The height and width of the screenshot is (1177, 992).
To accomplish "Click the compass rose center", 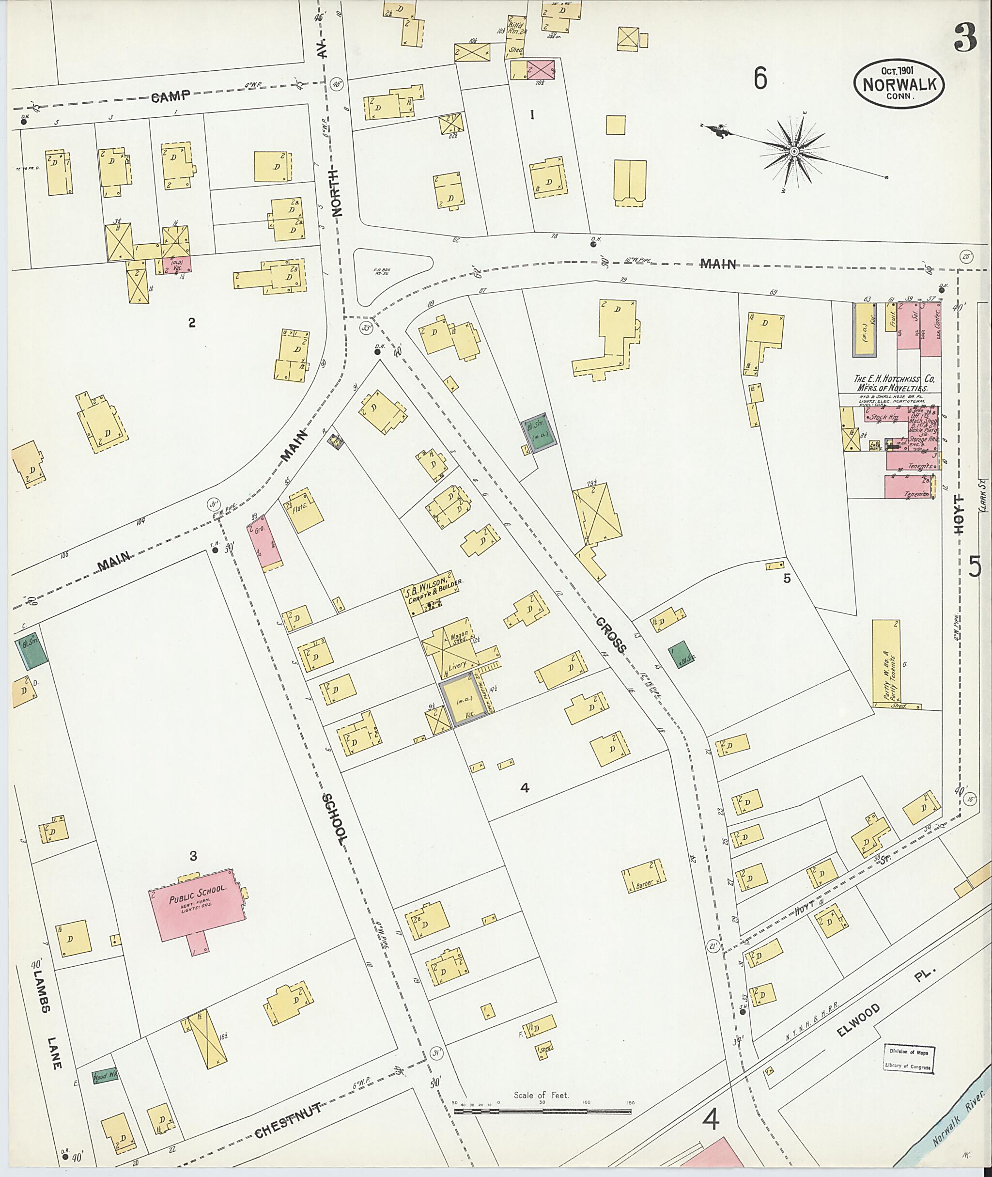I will tap(794, 151).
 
